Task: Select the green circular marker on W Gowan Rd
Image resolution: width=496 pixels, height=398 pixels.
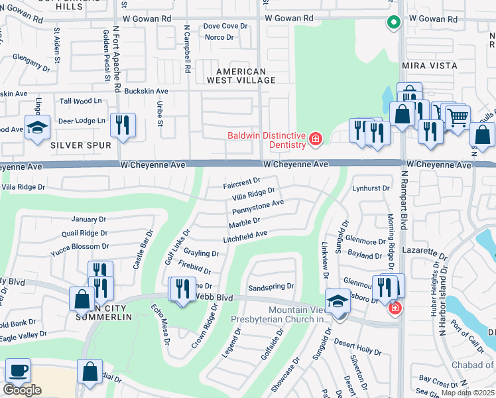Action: [x=394, y=22]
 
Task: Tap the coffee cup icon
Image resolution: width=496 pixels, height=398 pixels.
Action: [x=18, y=370]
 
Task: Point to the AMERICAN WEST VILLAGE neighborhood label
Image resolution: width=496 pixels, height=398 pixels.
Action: [x=241, y=76]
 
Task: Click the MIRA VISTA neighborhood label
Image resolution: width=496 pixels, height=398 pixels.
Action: [x=429, y=66]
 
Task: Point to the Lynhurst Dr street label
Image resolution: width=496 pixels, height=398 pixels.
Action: [x=371, y=188]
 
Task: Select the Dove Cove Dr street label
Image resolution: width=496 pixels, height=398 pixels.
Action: [x=225, y=26]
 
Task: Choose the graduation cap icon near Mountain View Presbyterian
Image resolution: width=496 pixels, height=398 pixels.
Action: [x=338, y=302]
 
